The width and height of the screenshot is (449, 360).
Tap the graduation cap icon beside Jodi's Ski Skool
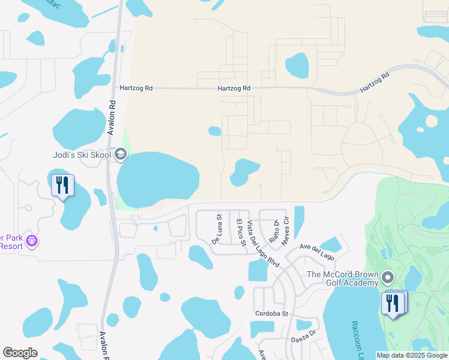121,155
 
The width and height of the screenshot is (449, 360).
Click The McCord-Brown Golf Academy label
343,278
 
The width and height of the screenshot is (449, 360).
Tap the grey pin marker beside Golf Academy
387,278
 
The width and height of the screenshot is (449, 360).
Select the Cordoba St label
272,313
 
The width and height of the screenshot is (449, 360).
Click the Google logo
20,353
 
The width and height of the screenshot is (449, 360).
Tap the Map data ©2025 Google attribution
412,355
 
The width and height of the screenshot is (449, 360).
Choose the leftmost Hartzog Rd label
136,88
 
